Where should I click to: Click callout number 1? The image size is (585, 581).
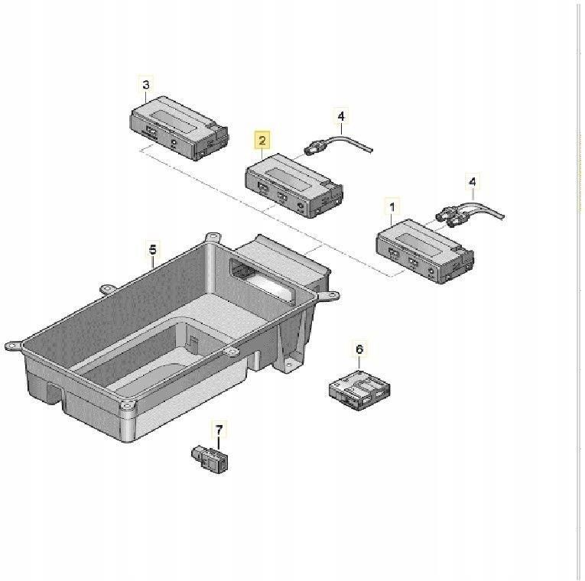pyautogui.click(x=392, y=207)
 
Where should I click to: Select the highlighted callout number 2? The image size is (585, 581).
pyautogui.click(x=262, y=141)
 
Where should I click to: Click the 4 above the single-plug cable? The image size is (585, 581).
pyautogui.click(x=341, y=116)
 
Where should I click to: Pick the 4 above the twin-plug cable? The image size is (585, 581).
pyautogui.click(x=472, y=182)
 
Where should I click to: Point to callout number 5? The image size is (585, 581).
pyautogui.click(x=152, y=249)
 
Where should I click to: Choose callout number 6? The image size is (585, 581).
pyautogui.click(x=360, y=349)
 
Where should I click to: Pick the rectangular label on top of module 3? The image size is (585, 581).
pyautogui.click(x=172, y=115)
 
